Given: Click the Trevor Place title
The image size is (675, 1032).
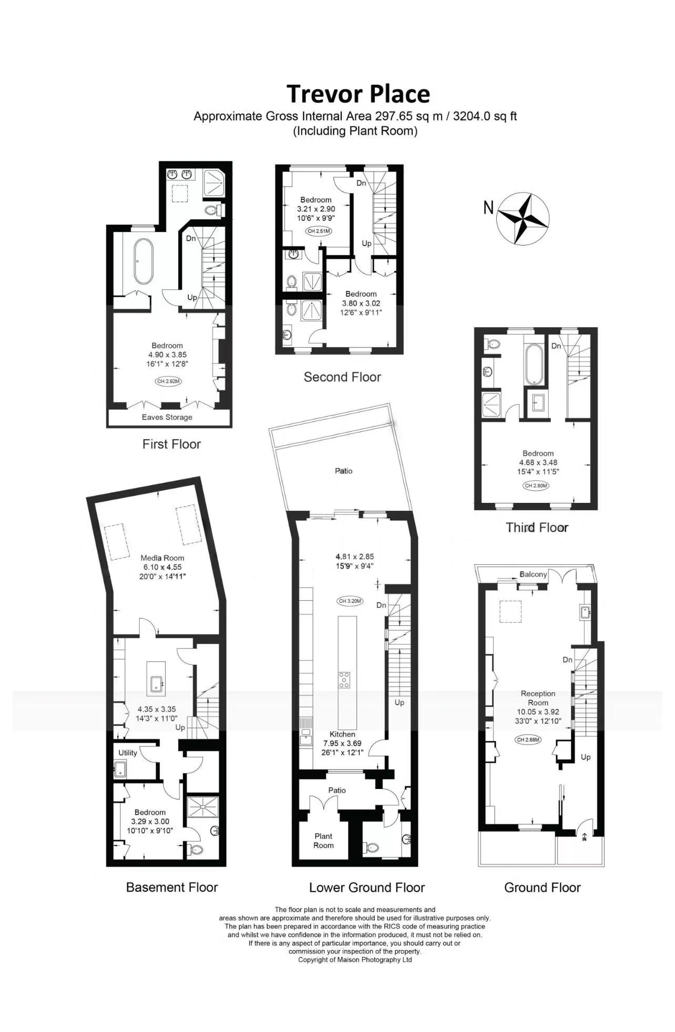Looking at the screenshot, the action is [358, 94].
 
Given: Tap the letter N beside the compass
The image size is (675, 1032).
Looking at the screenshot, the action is [488, 208].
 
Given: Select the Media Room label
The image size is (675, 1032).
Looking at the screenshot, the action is [162, 558].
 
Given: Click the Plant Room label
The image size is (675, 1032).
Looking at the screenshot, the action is [323, 841].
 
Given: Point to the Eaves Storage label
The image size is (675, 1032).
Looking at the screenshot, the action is [167, 417].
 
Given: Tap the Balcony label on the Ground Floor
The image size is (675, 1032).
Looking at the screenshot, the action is [533, 574].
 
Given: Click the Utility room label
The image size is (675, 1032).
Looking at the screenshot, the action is [128, 753].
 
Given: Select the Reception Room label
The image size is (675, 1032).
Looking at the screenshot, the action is [538, 698].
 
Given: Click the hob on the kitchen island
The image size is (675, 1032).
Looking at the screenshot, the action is [344, 680].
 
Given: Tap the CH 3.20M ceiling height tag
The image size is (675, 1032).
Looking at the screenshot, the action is [350, 601].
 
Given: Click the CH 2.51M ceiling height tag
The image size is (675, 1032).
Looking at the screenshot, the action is [319, 231].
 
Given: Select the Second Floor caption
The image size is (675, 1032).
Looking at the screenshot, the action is [342, 377].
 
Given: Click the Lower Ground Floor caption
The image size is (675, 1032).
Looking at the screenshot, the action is [367, 887].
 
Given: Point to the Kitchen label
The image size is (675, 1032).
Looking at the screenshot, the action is [342, 734].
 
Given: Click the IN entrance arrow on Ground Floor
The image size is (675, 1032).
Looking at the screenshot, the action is [585, 836].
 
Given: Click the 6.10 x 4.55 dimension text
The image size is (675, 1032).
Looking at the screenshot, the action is [162, 567].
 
